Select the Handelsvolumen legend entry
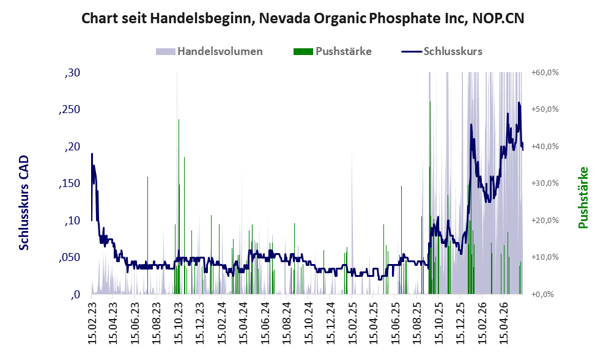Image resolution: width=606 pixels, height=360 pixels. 209,51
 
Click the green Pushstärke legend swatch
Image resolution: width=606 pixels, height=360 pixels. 303,51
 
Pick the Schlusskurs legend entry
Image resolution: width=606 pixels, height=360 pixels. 442,51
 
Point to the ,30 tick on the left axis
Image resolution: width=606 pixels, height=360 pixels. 72,73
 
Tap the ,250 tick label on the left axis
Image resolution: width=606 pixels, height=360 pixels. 70,109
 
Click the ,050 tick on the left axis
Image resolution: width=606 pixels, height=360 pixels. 70,258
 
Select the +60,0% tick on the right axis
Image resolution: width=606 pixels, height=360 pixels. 545,73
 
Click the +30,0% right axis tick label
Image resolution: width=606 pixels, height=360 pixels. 545,183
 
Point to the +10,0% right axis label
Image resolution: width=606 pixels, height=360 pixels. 545,257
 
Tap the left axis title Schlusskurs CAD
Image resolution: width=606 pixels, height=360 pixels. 24,203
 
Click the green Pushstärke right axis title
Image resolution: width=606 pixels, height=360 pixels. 583,197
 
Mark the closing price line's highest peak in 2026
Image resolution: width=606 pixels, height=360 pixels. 519,103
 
